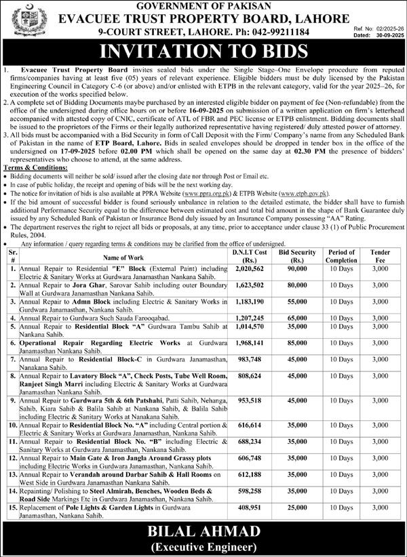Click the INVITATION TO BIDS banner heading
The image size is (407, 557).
point(203,52)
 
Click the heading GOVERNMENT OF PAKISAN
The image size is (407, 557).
point(203,6)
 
